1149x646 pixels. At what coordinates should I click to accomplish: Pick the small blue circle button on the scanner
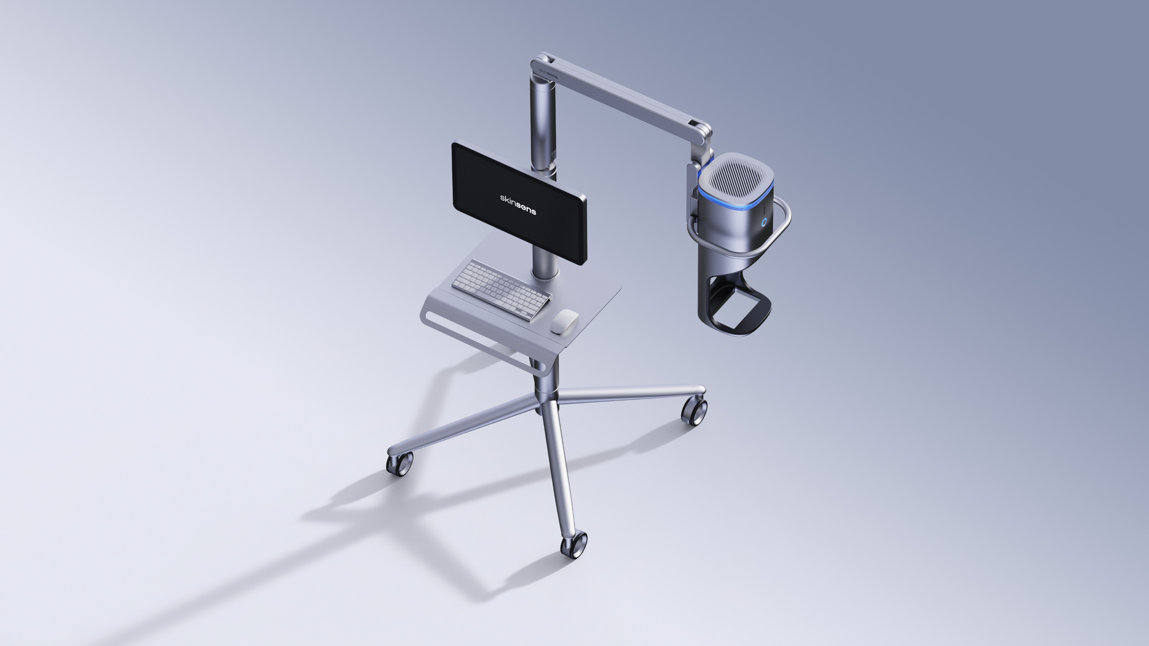point(764,222)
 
